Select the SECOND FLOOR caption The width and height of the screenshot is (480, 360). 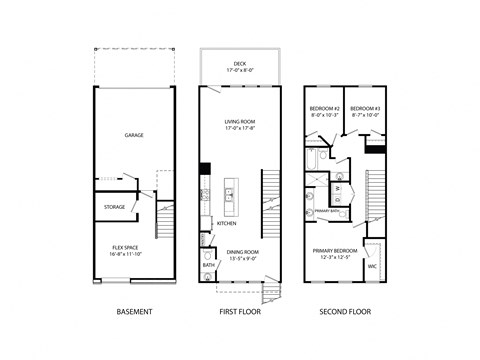coord(345,312)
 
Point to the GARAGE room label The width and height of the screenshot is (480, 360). coord(134,135)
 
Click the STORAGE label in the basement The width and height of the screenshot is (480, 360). coord(114,207)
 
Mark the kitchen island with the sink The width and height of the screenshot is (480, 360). coord(229,194)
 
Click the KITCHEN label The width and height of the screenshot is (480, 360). coord(227,223)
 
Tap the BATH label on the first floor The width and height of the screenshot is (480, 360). coord(208,265)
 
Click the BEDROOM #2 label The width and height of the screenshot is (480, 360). coord(324,108)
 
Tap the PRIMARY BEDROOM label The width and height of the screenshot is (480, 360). coord(336,251)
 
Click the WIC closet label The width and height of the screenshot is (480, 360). coord(372,266)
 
